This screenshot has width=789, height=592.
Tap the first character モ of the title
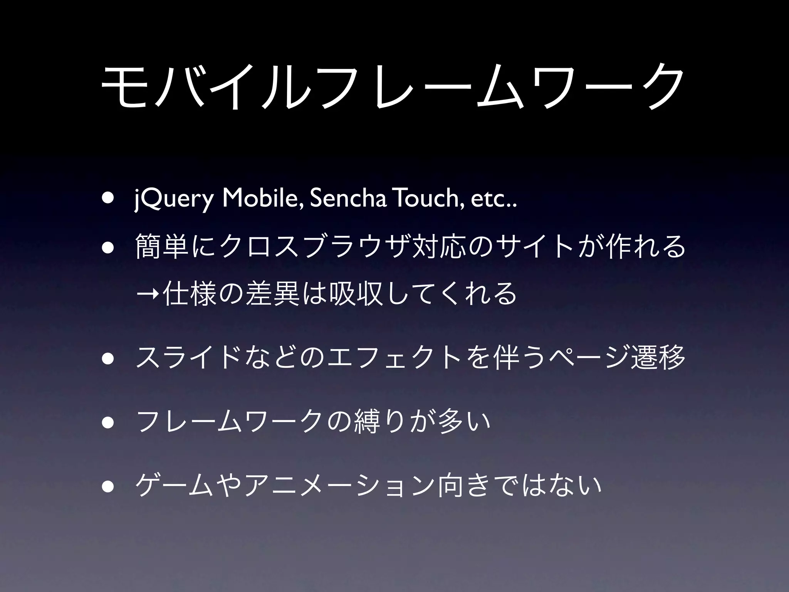coord(123,87)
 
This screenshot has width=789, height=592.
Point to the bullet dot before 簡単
coord(108,247)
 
